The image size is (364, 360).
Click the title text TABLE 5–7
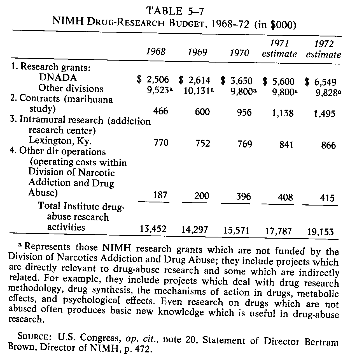click(175, 11)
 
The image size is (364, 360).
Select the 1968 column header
click(156, 52)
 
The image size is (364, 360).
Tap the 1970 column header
click(239, 53)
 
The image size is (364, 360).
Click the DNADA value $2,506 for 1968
click(153, 80)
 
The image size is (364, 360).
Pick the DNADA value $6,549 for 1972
click(320, 82)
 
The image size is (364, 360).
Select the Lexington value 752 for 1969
click(202, 143)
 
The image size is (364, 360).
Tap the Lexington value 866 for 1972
click(328, 145)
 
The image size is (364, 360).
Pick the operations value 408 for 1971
click(285, 197)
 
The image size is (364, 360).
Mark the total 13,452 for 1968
click(153, 229)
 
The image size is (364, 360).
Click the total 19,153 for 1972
click(320, 232)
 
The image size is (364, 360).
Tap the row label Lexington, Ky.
click(60, 140)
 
